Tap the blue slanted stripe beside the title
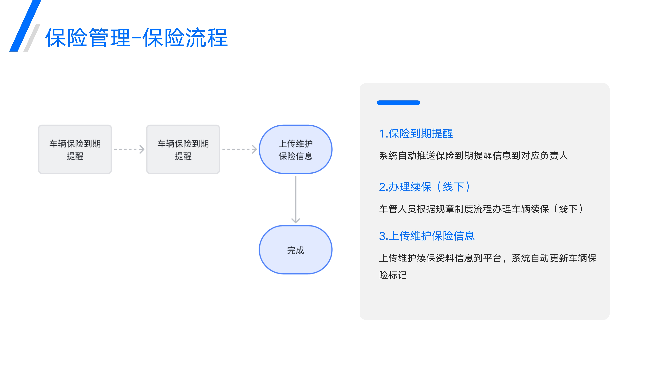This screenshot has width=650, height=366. (25, 26)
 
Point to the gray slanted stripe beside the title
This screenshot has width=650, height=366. (32, 38)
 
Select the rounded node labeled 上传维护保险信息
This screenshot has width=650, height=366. (295, 149)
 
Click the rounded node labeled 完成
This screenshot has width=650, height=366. (295, 250)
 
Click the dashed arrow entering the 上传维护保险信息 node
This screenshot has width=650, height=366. (240, 149)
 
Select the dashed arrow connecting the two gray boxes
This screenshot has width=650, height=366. (129, 149)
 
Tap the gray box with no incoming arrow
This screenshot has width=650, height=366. (75, 149)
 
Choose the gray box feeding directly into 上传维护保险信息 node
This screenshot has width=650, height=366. (183, 149)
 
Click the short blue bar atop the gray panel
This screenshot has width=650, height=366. (398, 102)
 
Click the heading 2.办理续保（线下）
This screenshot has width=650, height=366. (425, 187)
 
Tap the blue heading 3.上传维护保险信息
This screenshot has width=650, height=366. (427, 236)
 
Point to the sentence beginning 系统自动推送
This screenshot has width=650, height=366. (473, 156)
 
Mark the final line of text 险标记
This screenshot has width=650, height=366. (393, 275)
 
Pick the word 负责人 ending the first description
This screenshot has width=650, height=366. (554, 156)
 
